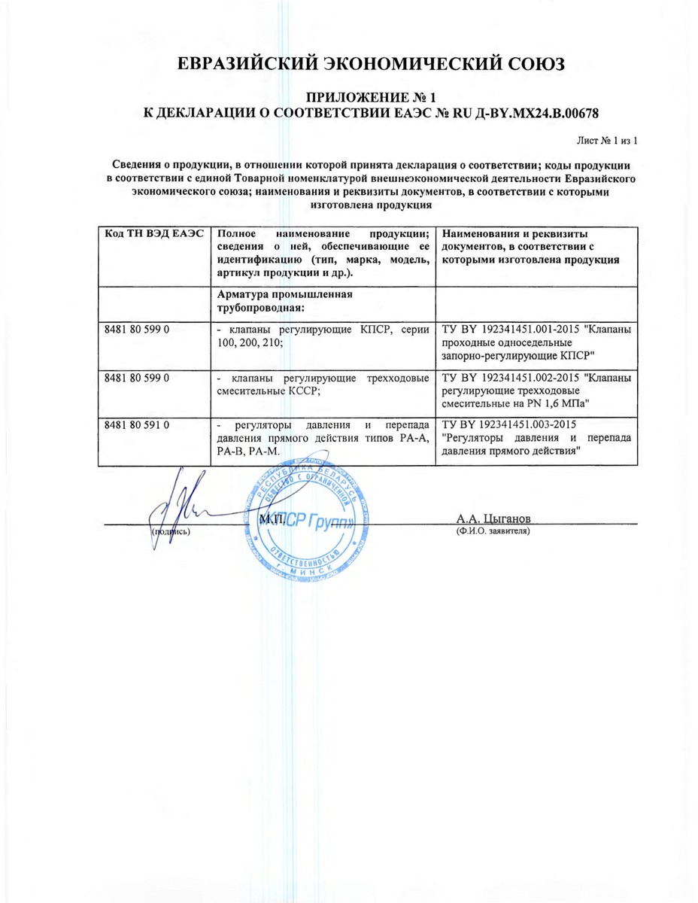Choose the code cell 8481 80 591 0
[x=136, y=424]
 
